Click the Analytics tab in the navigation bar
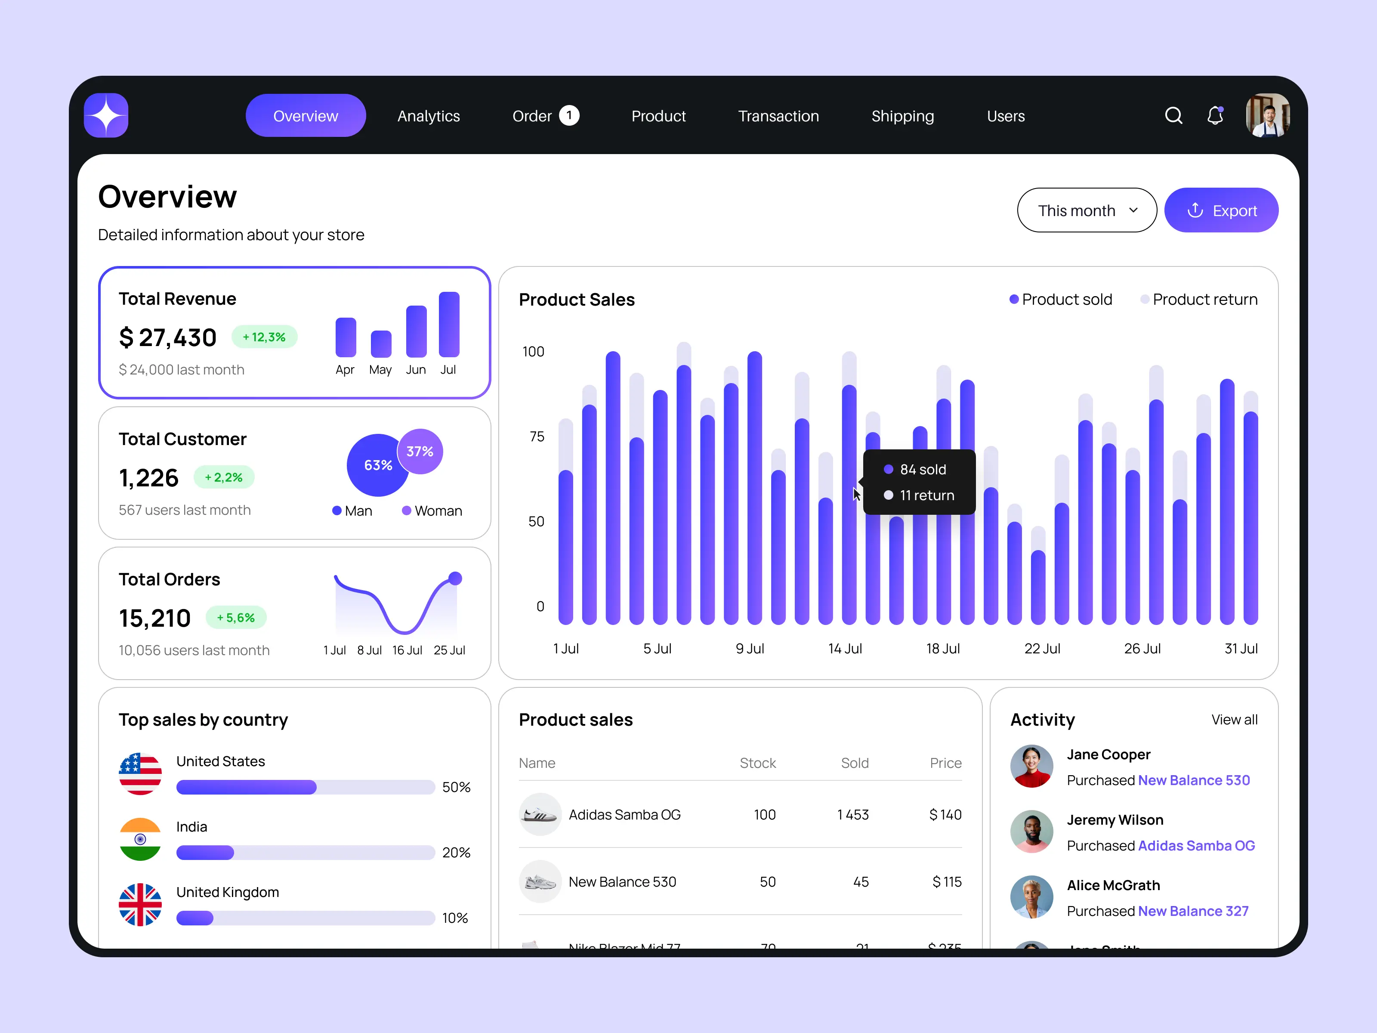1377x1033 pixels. [428, 117]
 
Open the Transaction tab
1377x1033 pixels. [778, 117]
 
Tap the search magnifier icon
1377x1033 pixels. [1173, 116]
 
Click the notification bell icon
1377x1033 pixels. [1214, 116]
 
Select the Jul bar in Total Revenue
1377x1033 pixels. [449, 325]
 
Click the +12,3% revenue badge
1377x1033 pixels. [264, 337]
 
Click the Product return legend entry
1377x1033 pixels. [1198, 300]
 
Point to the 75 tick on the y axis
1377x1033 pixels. [537, 436]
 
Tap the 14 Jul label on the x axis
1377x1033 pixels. [845, 649]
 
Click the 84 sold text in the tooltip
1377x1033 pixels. [923, 470]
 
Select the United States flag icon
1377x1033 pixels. [140, 774]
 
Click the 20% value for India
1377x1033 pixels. [456, 852]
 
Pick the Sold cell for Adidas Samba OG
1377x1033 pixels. [853, 814]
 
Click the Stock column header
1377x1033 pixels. [758, 763]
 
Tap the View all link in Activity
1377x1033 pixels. [1234, 720]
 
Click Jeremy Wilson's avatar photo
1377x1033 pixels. [1031, 831]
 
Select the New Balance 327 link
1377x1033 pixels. [1193, 911]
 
